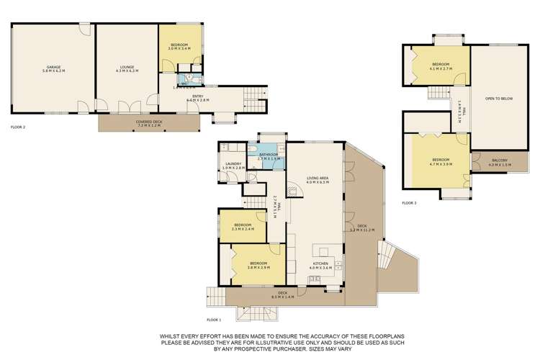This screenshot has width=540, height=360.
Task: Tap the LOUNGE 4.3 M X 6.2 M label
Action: tap(127, 71)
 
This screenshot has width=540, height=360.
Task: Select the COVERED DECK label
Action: tap(150, 123)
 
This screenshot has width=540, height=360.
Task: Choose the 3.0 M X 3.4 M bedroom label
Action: tap(179, 47)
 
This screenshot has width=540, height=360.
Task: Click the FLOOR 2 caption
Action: tap(19, 127)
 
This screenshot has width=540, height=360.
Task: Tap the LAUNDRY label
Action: tap(234, 166)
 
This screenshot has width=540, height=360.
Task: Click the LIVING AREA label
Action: tap(318, 181)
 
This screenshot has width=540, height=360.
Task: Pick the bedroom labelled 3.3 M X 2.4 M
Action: tap(241, 228)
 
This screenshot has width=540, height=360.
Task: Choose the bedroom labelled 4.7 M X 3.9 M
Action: tap(441, 161)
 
